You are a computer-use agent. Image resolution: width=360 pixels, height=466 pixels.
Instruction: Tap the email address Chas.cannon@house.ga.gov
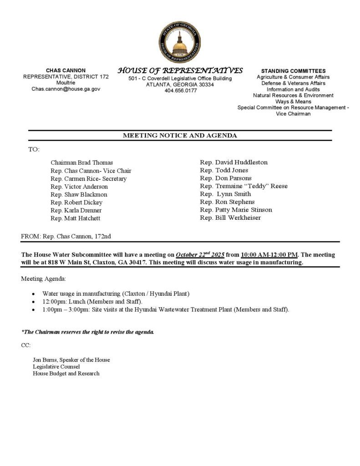click(66, 89)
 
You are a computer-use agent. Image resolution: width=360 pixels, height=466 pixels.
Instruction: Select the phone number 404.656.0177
click(180, 91)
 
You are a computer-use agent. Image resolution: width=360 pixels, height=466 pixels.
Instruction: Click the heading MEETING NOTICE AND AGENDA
click(180, 136)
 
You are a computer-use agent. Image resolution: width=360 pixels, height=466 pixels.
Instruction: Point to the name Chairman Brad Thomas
click(82, 162)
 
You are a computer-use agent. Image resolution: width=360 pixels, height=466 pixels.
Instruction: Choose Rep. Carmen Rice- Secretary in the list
click(89, 179)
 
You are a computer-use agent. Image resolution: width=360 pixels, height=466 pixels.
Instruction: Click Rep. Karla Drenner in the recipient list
click(76, 210)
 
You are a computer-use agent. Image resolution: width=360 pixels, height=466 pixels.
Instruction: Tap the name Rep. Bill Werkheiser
click(230, 218)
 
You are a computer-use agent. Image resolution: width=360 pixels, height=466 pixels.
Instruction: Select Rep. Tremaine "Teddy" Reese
click(243, 186)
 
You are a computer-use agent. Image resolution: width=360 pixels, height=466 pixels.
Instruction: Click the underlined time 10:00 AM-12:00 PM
click(269, 255)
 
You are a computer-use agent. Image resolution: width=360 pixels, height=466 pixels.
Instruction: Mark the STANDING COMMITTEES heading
click(293, 71)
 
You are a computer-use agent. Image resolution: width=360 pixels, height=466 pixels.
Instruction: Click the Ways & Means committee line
click(293, 101)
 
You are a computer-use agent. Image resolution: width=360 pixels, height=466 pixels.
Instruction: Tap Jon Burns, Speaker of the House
click(71, 360)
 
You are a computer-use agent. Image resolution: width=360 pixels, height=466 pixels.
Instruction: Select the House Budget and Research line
click(66, 374)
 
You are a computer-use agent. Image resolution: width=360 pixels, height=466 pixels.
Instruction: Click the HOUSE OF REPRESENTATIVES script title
click(180, 71)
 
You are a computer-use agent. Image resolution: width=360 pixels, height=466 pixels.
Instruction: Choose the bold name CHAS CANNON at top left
click(66, 71)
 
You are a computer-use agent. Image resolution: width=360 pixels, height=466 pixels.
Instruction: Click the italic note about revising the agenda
click(88, 332)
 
